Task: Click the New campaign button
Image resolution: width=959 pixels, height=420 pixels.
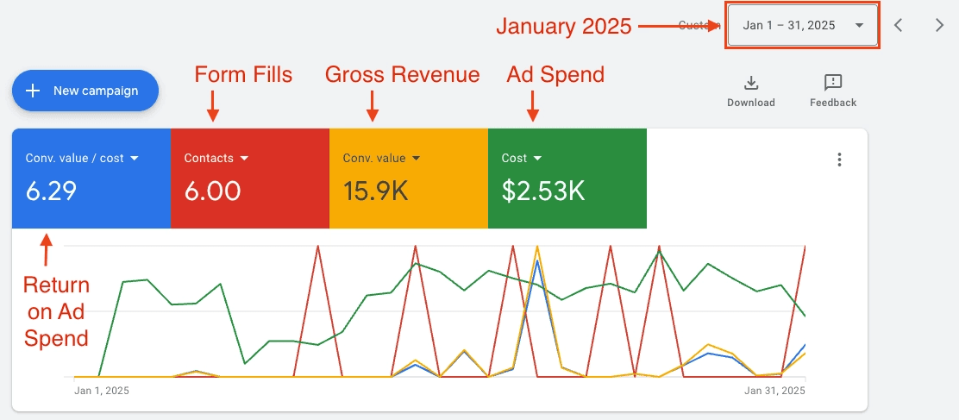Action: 85,91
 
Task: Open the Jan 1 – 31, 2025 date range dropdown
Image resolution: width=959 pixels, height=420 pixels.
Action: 802,25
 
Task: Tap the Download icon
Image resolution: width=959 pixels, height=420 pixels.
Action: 750,84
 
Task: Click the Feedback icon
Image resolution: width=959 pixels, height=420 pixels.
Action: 832,84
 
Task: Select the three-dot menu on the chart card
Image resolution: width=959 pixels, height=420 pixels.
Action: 839,160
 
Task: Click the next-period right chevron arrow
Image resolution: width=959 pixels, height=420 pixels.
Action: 939,25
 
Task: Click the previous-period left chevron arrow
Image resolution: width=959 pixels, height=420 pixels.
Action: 899,25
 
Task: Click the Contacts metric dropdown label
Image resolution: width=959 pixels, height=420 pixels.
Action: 216,158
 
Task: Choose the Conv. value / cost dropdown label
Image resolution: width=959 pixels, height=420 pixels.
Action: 81,158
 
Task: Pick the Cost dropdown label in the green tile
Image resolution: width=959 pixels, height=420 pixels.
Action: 521,158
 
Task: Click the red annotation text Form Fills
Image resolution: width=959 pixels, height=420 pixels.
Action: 243,75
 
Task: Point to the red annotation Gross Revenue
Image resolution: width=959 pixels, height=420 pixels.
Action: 402,75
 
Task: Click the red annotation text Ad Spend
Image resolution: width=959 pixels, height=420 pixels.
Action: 555,75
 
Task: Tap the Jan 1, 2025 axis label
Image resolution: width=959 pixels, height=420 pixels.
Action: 101,391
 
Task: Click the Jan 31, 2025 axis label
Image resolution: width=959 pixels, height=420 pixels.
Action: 774,391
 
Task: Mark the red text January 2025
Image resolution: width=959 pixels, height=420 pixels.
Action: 563,27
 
